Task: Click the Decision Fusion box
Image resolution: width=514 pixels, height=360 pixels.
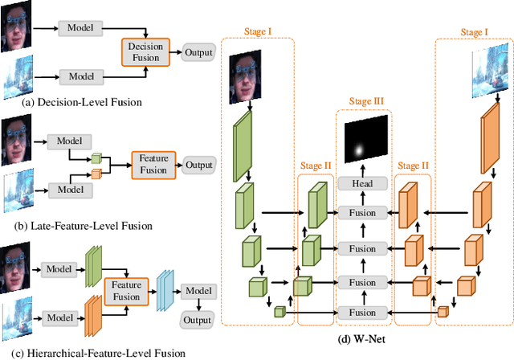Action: [x=146, y=52]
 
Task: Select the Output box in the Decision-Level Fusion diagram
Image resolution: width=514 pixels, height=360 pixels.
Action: [x=198, y=52]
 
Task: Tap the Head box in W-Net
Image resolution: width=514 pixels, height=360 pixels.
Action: [x=361, y=183]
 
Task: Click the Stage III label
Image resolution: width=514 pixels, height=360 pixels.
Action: [x=366, y=101]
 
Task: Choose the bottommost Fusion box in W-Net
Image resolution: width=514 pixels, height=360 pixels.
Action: [x=361, y=312]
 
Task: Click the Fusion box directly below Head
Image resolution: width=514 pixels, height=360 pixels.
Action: [x=361, y=213]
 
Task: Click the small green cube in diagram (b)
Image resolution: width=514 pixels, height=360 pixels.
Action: [x=96, y=158]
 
